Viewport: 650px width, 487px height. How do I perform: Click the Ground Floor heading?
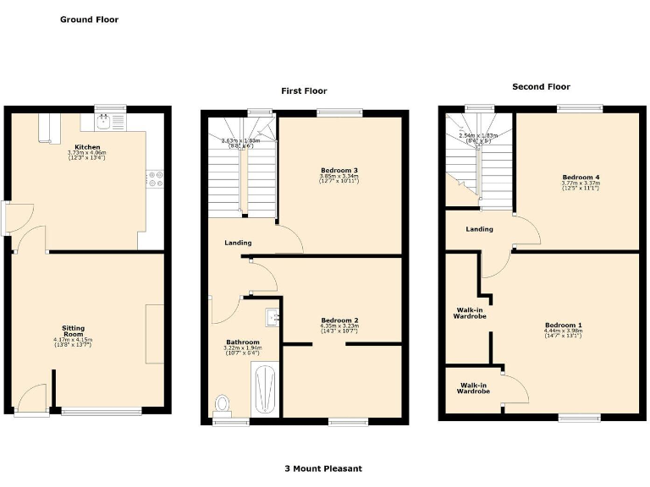coord(89,19)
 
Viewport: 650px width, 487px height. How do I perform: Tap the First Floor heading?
coord(304,90)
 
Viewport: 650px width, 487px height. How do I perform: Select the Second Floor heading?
coord(541,86)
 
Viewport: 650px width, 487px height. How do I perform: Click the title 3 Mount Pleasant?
coord(324,468)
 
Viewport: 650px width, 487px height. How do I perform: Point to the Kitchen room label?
coord(87,146)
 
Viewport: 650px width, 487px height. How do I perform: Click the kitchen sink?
coord(105,123)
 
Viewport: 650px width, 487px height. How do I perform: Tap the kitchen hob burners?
coord(155,178)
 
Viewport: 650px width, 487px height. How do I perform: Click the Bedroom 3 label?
coord(341,170)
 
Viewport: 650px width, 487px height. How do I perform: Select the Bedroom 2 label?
coord(339,320)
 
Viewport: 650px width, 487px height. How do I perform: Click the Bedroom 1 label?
coord(563,326)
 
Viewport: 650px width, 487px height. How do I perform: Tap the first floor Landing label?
coord(237,243)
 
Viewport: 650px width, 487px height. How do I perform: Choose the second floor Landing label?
coord(479,229)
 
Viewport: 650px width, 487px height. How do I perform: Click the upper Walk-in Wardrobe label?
coord(469,315)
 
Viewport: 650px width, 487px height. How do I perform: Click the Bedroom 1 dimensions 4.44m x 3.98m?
coord(563,331)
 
